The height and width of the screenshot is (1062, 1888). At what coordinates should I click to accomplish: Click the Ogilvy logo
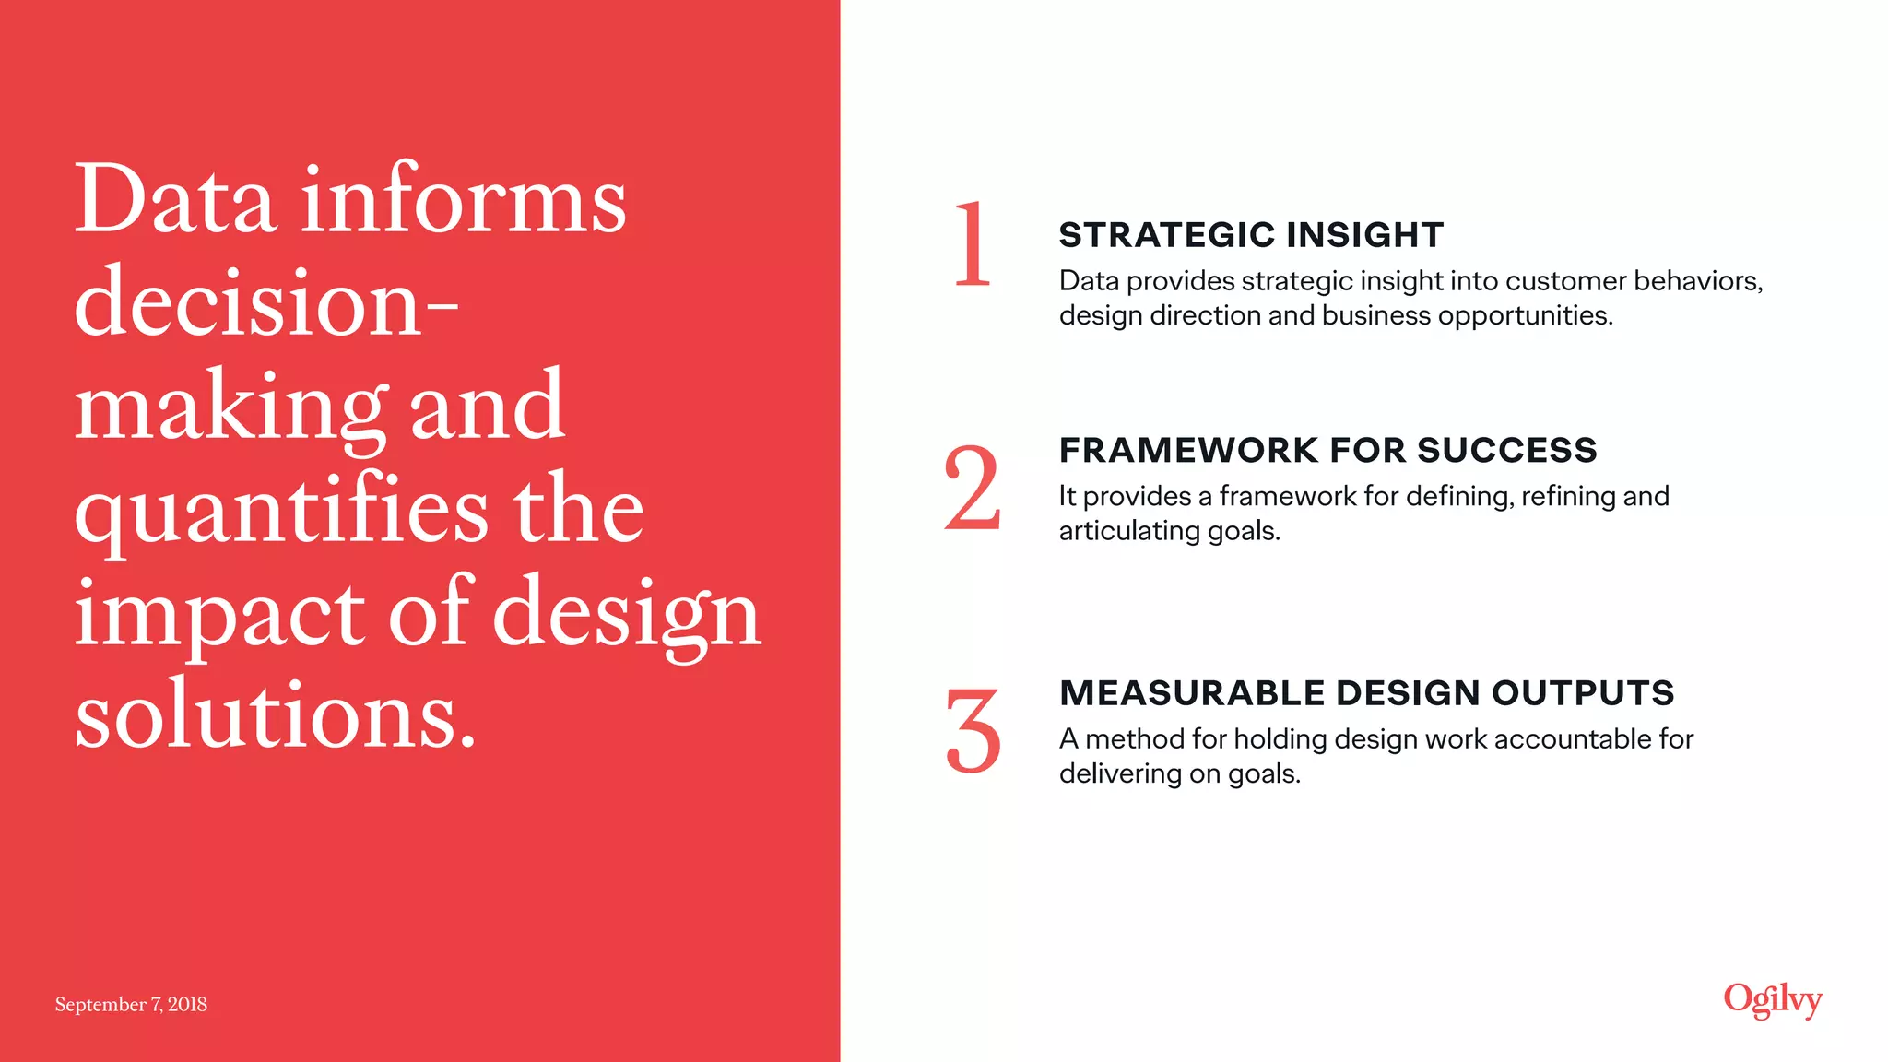pyautogui.click(x=1772, y=1000)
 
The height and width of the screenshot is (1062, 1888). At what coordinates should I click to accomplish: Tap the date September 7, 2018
pyautogui.click(x=131, y=1004)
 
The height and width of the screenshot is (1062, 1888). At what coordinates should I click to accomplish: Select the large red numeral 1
pyautogui.click(x=972, y=244)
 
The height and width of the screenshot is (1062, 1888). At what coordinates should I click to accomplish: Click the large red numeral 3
pyautogui.click(x=973, y=730)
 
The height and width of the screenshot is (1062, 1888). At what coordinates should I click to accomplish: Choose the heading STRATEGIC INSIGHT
pyautogui.click(x=1251, y=235)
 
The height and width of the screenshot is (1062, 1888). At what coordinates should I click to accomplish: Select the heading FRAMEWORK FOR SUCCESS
pyautogui.click(x=1327, y=450)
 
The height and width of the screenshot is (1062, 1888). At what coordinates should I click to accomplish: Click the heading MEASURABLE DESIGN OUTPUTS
pyautogui.click(x=1366, y=692)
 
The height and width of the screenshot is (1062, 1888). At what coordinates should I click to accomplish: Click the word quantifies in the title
pyautogui.click(x=281, y=510)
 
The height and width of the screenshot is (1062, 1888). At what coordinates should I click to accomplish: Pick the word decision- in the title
pyautogui.click(x=265, y=303)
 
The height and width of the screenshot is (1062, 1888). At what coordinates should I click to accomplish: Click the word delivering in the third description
pyautogui.click(x=1120, y=773)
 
